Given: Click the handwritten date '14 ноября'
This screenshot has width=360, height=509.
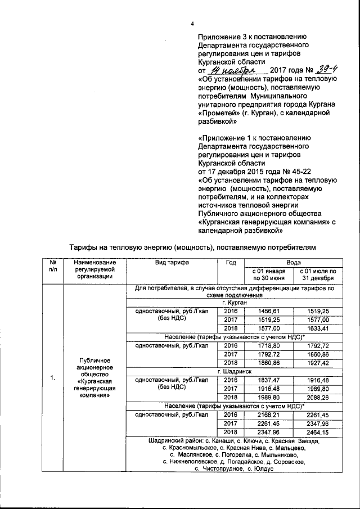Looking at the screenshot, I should pyautogui.click(x=232, y=71).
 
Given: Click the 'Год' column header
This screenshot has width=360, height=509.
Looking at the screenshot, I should pyautogui.click(x=231, y=263).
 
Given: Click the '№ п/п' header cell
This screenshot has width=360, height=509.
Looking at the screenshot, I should pyautogui.click(x=52, y=267).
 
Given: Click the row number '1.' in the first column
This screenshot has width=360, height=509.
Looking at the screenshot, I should pyautogui.click(x=52, y=377).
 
